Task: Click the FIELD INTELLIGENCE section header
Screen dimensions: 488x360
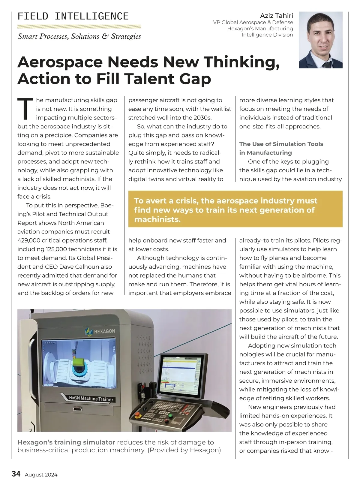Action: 73,16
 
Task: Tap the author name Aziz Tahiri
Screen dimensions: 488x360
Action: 276,16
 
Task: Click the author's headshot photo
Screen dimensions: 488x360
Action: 320,40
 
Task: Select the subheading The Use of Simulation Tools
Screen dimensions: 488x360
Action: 281,144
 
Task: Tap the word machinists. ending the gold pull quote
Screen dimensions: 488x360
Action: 157,219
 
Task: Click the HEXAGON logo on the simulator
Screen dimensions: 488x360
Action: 100,331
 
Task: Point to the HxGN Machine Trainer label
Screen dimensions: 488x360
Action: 91,399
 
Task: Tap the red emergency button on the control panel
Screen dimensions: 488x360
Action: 138,415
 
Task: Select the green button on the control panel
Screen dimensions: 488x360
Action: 171,416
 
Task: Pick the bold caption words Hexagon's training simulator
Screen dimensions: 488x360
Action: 66,442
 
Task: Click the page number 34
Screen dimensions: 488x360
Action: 16,474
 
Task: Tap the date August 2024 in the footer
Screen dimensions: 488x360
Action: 41,475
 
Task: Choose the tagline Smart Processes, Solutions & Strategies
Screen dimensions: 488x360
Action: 79,37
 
